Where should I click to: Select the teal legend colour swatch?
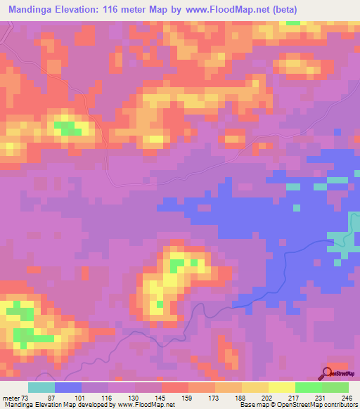(41, 387)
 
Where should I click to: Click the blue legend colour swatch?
(68, 387)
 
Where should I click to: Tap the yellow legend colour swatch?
(282, 387)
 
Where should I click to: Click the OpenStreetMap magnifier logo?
(328, 373)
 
